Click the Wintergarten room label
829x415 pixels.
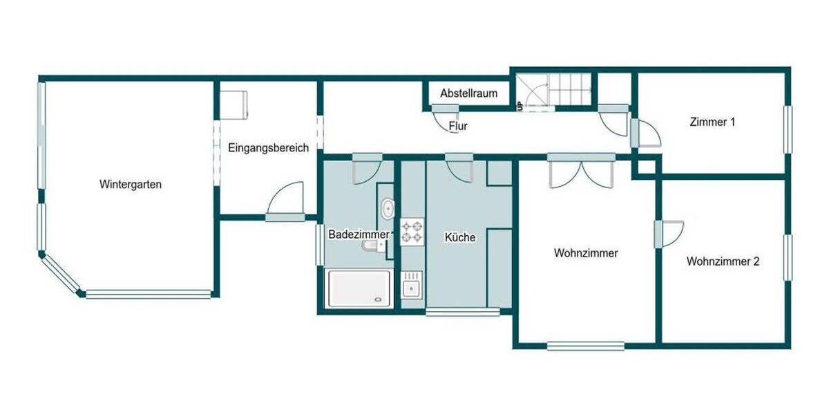click(131, 185)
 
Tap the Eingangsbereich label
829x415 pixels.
click(268, 148)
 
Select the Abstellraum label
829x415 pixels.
click(468, 93)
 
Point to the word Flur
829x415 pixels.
click(458, 127)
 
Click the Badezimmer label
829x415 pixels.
click(358, 234)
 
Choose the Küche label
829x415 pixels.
click(460, 237)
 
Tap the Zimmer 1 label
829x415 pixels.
click(712, 122)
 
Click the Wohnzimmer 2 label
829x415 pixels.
click(723, 261)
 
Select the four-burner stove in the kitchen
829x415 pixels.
click(412, 232)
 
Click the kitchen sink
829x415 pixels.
click(412, 284)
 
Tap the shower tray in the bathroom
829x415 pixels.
click(359, 288)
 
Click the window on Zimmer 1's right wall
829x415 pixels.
click(787, 129)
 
